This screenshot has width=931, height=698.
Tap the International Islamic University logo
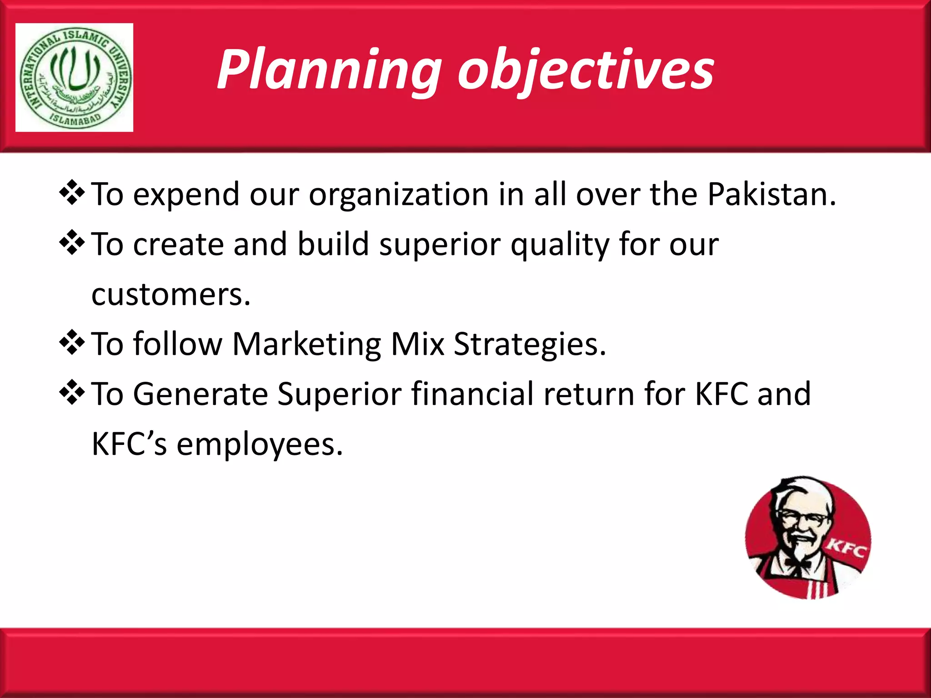tap(75, 78)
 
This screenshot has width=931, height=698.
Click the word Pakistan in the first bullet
tap(771, 194)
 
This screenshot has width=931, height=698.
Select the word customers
tap(170, 295)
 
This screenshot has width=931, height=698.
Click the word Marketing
tap(306, 344)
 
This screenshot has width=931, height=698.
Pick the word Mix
tap(417, 344)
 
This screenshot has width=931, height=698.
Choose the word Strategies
tap(529, 344)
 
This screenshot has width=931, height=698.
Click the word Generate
tap(200, 394)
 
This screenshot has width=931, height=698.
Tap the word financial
tap(472, 394)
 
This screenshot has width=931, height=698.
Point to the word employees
tap(259, 444)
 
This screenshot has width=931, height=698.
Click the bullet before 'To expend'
tap(72, 193)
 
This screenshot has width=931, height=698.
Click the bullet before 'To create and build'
tap(72, 243)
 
